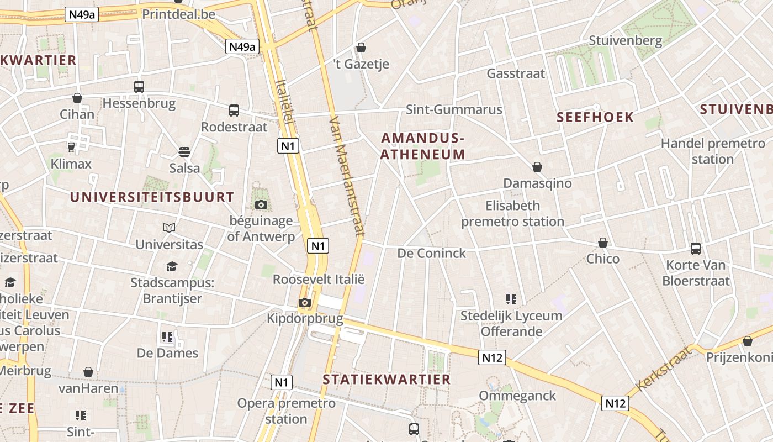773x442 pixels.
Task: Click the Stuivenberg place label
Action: tap(625, 40)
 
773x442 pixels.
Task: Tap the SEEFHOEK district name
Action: tap(595, 117)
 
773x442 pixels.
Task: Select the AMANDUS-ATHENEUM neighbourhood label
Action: tap(423, 146)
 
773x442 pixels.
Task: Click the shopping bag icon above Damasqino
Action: tap(537, 167)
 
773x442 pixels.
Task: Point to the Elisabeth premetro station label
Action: tap(512, 214)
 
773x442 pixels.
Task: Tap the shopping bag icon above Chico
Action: tap(603, 243)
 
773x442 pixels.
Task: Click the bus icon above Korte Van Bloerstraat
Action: tap(696, 249)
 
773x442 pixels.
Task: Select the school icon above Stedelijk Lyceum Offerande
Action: tap(511, 299)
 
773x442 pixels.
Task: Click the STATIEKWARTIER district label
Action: tap(386, 380)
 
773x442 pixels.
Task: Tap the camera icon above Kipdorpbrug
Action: tap(304, 302)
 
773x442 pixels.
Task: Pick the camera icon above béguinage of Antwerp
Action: tap(261, 205)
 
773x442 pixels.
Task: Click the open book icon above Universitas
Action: tap(169, 228)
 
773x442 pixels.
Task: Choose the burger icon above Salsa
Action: tap(184, 152)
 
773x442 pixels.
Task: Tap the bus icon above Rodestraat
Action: tap(234, 110)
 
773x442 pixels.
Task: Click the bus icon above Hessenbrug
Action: tap(139, 87)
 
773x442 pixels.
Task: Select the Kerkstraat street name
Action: tap(664, 369)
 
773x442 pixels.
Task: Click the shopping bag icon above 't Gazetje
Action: tap(361, 48)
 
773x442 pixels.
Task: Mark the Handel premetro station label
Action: tap(713, 151)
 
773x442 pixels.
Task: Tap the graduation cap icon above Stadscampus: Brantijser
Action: tap(172, 266)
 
